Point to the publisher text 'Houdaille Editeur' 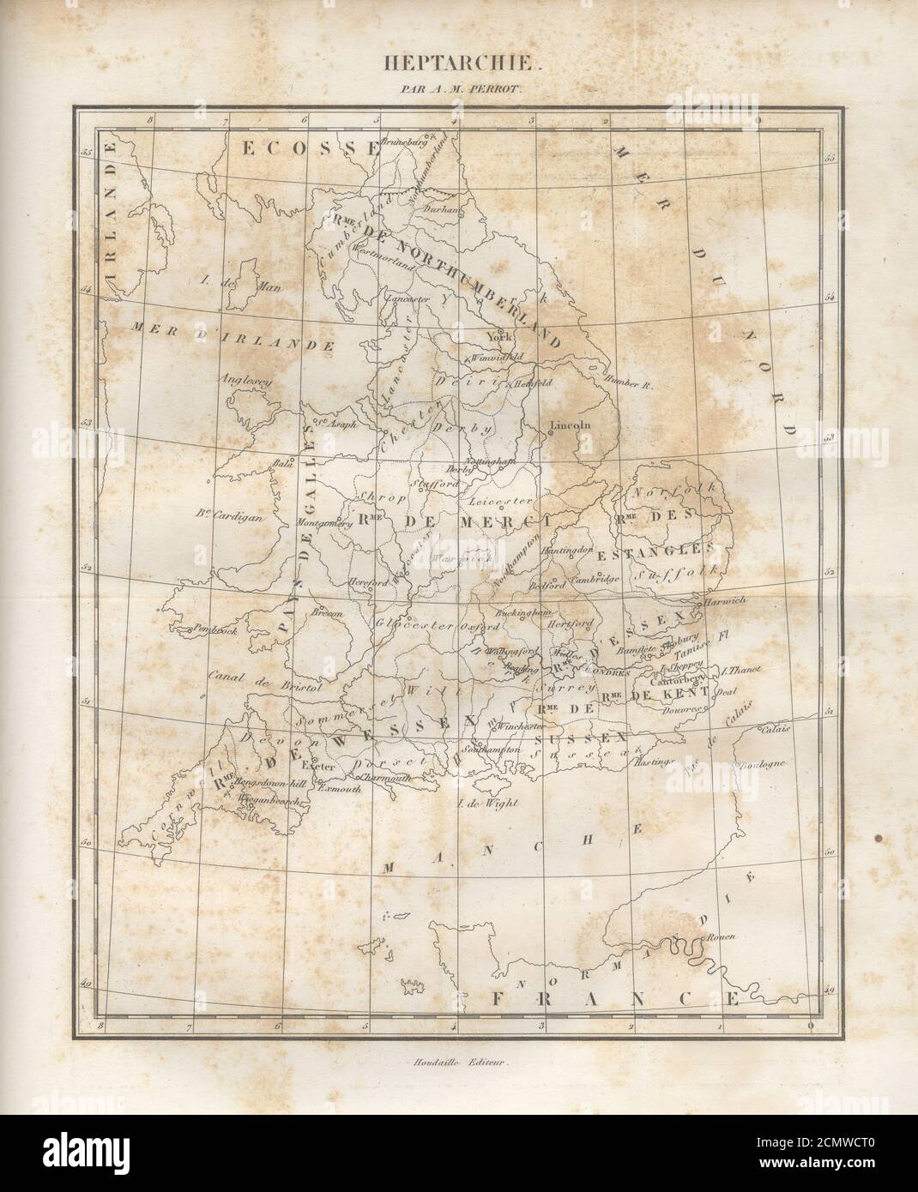(459, 1063)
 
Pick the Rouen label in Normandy (722, 937)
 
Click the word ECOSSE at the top (308, 148)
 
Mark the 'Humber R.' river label (630, 386)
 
